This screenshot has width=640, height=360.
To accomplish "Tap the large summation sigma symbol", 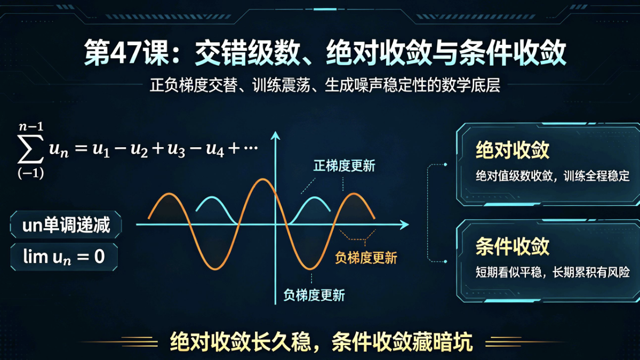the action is [31, 149].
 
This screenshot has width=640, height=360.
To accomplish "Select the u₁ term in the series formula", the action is [101, 150].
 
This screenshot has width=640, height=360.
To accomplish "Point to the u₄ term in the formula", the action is [215, 150].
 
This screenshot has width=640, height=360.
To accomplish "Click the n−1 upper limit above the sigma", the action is [31, 126].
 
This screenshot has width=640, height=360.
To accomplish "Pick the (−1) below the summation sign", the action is [31, 173].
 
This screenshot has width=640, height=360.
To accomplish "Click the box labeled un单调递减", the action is [66, 225].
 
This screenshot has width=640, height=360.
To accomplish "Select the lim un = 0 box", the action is [64, 257].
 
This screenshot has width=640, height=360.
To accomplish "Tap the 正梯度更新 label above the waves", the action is [345, 166].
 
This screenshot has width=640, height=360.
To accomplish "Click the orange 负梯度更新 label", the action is [366, 258].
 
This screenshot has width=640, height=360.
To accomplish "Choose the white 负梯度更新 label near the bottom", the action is [314, 295].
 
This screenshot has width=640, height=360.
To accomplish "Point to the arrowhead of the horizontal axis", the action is [404, 225].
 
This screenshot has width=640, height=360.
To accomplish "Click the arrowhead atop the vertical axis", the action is [275, 135].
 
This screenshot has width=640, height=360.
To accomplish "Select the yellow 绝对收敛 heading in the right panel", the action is [513, 150].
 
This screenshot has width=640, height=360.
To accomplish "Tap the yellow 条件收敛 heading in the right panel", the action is [513, 246].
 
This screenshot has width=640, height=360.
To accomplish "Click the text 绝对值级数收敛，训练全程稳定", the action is [553, 175].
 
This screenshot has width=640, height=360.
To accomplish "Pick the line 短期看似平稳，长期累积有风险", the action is [553, 272].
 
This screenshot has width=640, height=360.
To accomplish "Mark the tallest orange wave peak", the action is [262, 179].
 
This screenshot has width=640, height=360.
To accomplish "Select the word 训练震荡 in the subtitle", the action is [281, 85].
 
